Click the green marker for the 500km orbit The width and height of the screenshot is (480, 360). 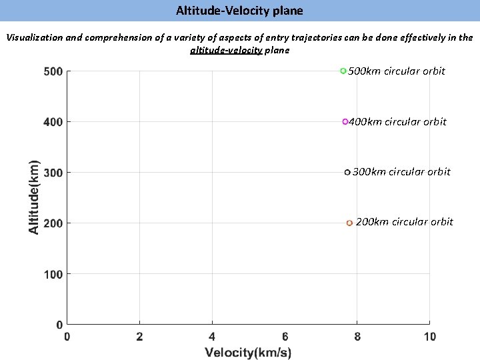click(343, 71)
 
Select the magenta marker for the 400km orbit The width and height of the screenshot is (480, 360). click(345, 122)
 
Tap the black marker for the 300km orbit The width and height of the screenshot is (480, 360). click(347, 173)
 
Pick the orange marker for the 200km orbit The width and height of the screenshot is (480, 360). click(349, 223)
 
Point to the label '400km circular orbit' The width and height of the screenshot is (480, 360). click(398, 121)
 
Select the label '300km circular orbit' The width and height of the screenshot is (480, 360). click(401, 171)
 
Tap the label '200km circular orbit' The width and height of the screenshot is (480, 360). click(404, 221)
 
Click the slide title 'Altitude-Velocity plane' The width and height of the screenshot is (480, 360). click(239, 11)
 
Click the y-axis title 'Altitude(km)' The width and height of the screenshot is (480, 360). click(33, 196)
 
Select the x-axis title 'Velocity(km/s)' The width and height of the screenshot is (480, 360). click(248, 352)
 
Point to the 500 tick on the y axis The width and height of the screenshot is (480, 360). click(53, 71)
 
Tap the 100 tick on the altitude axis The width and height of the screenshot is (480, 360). click(53, 274)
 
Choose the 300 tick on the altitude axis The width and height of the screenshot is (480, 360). click(53, 173)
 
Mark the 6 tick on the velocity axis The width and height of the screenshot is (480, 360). click(285, 337)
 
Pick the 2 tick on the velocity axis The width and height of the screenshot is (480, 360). click(139, 337)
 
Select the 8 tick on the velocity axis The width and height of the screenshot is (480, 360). click(357, 337)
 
